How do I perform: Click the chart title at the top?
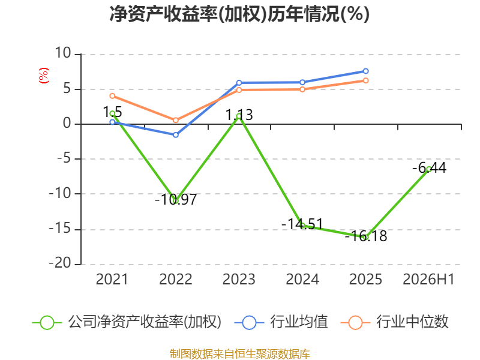(239, 14)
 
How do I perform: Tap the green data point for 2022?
(176, 200)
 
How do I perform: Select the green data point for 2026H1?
(429, 169)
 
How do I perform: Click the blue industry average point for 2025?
(365, 71)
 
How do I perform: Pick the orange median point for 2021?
(112, 96)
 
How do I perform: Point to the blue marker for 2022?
(176, 134)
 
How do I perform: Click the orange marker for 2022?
(176, 120)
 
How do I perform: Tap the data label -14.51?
(302, 224)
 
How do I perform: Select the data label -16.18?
(366, 236)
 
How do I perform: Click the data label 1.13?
(239, 115)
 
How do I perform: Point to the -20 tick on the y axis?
(60, 263)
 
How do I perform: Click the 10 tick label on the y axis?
(63, 53)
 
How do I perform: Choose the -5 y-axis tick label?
(64, 158)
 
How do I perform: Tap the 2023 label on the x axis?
(239, 279)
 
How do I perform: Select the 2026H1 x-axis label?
(428, 279)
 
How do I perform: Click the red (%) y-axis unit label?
(43, 76)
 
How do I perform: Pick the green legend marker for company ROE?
(47, 323)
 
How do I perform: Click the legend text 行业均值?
(299, 322)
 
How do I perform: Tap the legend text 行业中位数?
(412, 322)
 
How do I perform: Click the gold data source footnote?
(240, 354)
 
